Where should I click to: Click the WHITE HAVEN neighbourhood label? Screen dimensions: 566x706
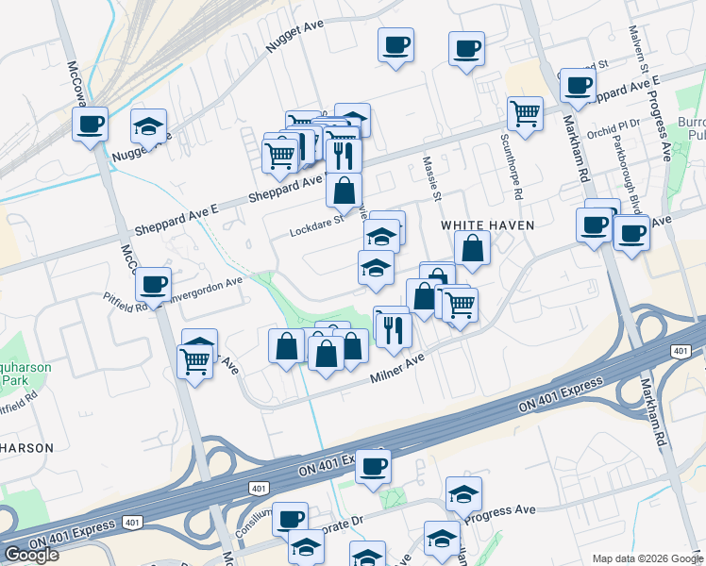point(488,225)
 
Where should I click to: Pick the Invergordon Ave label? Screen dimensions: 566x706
point(208,283)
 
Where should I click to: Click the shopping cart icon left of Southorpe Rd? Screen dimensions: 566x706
point(525,114)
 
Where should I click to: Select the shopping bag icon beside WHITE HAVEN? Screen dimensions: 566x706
point(472,249)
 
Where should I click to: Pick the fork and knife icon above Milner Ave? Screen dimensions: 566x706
point(394,328)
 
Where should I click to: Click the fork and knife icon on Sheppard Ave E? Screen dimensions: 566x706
point(344,154)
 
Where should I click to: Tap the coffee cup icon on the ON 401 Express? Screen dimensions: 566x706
point(373,466)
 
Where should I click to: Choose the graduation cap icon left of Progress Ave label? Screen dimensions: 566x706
point(463,493)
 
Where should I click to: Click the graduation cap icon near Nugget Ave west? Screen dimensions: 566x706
point(147,126)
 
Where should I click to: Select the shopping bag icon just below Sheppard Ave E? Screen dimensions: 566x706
point(344,190)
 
